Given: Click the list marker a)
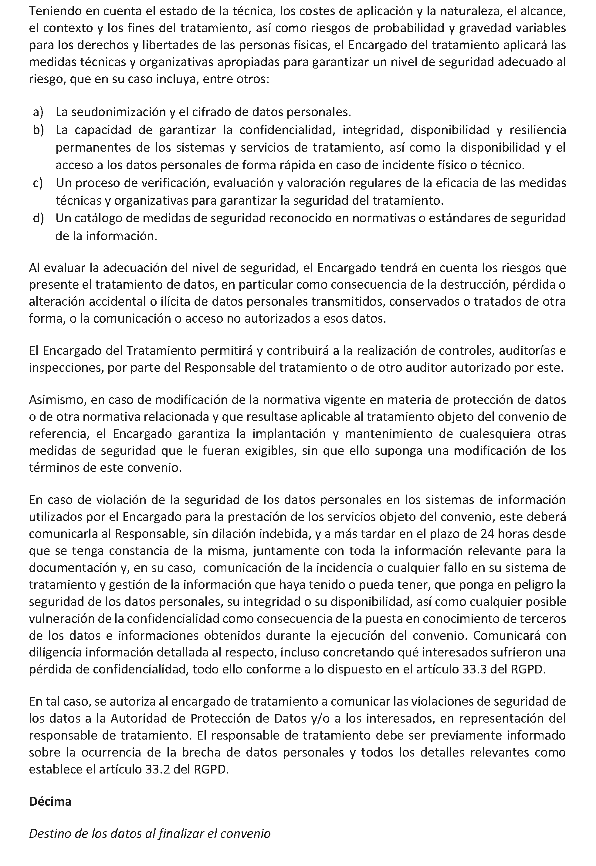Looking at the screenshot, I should coord(38,112).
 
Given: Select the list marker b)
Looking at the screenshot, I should coord(38,130).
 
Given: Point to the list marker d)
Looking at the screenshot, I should coord(38,218).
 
